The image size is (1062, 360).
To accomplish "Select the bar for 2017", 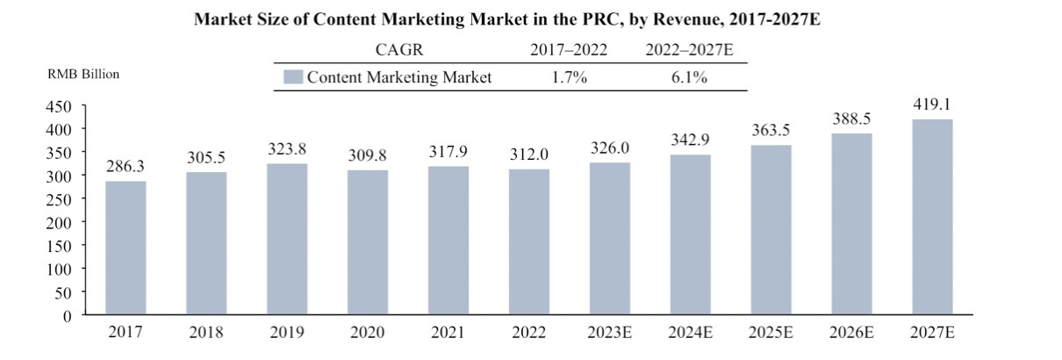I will coord(126,248).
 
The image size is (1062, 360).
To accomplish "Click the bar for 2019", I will coord(287,239).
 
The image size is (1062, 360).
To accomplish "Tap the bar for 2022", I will coord(529,241).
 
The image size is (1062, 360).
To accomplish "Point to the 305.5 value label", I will coord(206,158).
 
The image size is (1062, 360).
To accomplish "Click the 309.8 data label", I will coord(368,156).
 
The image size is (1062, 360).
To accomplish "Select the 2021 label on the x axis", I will coord(448,333).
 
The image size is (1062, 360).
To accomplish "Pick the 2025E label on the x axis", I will coord(771,333).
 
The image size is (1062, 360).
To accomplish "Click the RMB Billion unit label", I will coord(84,74).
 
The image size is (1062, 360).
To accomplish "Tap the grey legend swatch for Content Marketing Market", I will coord(293,77).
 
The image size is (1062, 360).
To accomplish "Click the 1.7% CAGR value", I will coord(569,77).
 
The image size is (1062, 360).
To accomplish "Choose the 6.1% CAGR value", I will coord(689,77).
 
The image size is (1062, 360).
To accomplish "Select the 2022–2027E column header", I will coord(689,51).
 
